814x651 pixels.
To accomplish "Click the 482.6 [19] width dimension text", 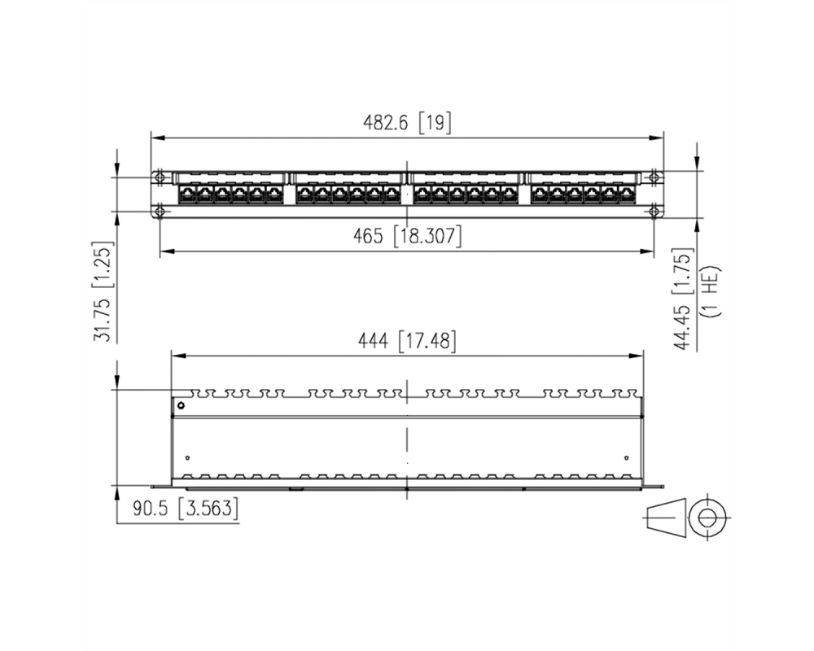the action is point(407,123).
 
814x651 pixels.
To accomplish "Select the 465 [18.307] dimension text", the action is point(407,236).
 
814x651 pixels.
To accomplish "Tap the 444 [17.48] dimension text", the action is point(408,341).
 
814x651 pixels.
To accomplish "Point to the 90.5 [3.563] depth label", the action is point(186,508).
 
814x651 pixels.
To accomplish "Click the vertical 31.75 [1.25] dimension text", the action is point(102,292).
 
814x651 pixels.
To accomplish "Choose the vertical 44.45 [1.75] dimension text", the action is point(683,299).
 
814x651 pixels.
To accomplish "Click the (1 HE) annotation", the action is point(711,291).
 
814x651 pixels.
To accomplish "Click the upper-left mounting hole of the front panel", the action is point(160,177).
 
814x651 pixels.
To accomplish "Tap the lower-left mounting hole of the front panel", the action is point(160,212).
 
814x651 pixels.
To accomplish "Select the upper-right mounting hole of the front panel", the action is point(654,177).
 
